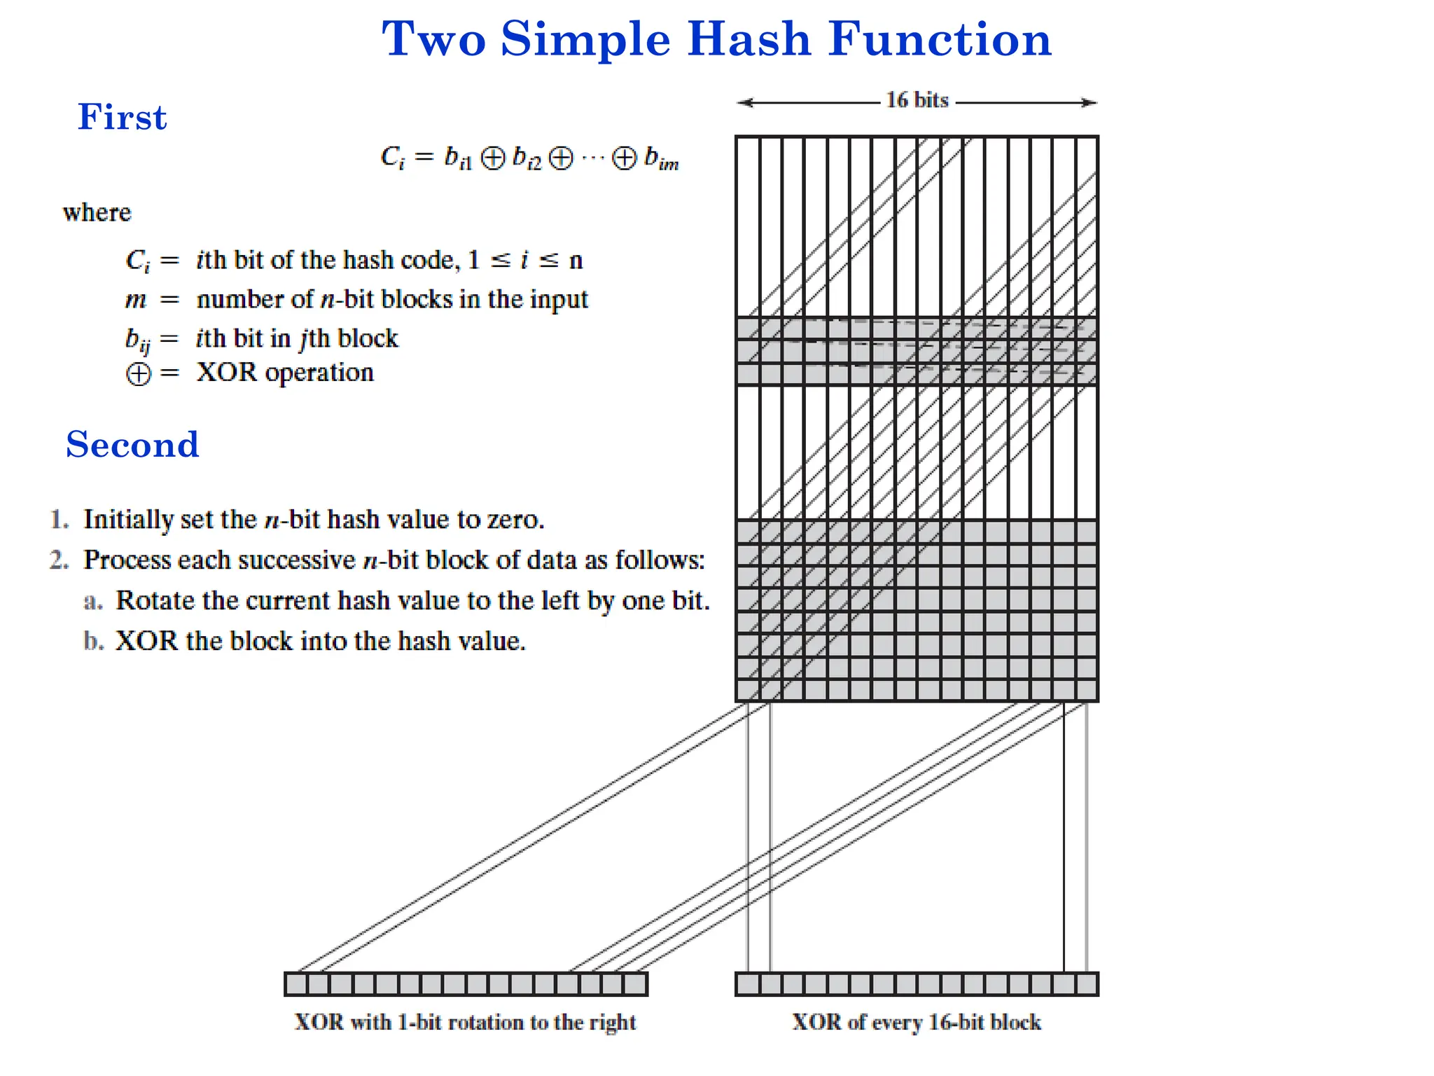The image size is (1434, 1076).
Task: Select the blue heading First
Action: coord(122,117)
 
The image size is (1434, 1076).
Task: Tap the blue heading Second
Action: coord(132,445)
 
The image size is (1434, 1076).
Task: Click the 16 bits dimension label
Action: coord(917,100)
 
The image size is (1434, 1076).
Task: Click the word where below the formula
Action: coord(97,212)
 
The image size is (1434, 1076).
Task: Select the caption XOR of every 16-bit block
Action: coord(917,1022)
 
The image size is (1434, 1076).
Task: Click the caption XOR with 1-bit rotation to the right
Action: coord(465,1022)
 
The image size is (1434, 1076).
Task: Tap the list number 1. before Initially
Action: coord(59,520)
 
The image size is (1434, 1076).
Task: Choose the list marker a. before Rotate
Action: coord(93,601)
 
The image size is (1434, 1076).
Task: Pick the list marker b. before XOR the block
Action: coord(93,642)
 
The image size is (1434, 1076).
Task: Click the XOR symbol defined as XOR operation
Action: coord(138,373)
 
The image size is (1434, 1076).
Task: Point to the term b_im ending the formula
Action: coord(661,159)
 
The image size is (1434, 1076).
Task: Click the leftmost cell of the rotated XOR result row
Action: coord(296,984)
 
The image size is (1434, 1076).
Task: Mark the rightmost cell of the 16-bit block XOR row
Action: coord(1087,984)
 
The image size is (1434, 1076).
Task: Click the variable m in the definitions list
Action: coord(136,300)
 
